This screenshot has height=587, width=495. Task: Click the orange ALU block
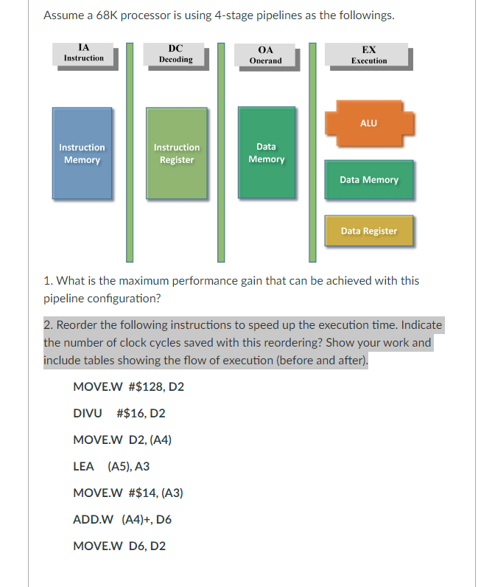368,123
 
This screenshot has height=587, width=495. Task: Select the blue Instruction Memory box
82,153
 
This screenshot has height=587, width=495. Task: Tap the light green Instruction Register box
176,153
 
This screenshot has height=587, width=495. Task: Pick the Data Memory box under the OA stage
266,153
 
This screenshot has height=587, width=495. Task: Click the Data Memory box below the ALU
368,180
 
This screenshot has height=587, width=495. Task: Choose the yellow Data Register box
368,231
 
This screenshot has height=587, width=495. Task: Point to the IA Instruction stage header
83,54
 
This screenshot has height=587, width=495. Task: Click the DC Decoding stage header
175,54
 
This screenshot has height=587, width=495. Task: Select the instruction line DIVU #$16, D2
119,413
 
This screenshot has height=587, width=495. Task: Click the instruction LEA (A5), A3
111,466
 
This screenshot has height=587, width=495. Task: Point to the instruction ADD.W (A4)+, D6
122,519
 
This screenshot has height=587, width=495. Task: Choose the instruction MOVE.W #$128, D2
129,386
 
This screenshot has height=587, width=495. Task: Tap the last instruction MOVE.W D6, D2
119,546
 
